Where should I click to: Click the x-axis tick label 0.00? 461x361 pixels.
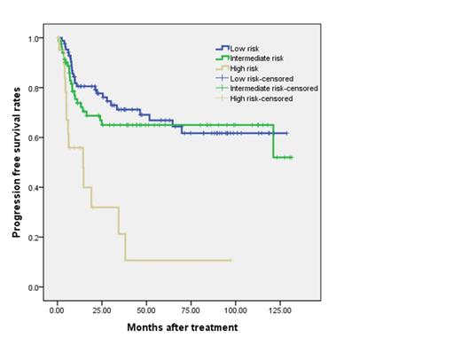pos(58,311)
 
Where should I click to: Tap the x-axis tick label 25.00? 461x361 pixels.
pos(102,311)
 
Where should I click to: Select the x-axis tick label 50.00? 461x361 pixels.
pos(146,311)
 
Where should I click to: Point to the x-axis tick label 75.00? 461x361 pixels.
pos(191,311)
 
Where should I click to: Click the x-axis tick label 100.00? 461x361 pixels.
pos(235,311)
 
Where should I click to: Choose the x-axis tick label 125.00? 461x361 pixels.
pos(279,311)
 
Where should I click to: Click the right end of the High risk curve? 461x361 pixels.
pos(231,260)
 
